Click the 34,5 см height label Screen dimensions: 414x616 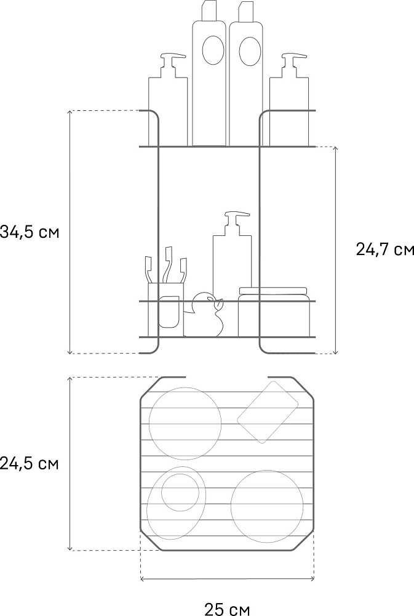30,232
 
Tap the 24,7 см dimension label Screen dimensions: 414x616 384,249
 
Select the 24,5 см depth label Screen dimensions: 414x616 30,464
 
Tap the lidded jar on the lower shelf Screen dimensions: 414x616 274,312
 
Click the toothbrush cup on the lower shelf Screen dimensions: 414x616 165,309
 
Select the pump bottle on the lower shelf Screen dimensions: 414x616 233,256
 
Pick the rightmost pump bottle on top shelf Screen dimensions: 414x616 289,100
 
